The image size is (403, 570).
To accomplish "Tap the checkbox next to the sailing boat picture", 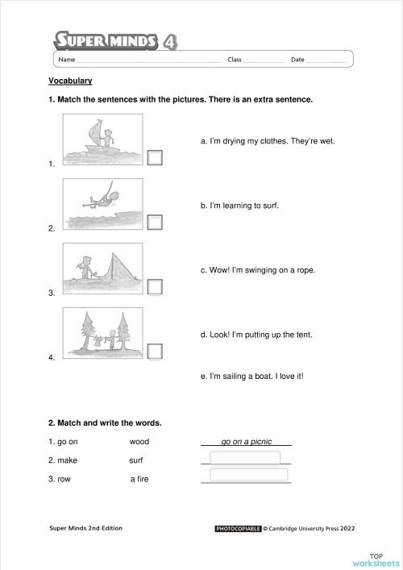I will tap(156, 157).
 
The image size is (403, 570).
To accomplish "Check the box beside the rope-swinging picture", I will tap(156, 222).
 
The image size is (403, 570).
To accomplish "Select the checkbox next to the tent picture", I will tap(156, 286).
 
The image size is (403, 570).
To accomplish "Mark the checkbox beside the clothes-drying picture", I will tap(156, 351).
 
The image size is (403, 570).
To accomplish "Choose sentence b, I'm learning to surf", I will tap(239, 206).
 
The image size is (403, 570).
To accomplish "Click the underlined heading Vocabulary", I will tap(70, 81).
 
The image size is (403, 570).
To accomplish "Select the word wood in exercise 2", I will tap(139, 442).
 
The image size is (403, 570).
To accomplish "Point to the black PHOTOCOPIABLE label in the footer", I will tap(238, 529).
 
